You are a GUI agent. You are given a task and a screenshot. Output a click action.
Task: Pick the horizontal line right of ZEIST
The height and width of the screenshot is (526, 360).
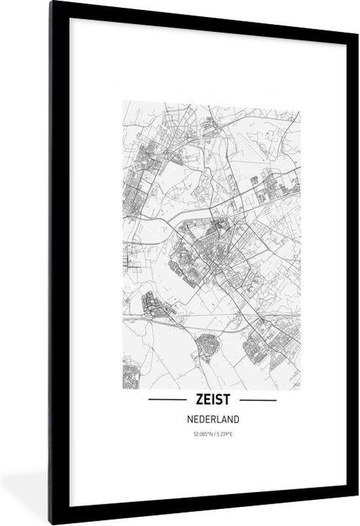pyautogui.click(x=256, y=399)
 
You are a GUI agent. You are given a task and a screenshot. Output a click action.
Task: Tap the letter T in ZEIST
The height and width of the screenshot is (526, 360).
pyautogui.click(x=227, y=399)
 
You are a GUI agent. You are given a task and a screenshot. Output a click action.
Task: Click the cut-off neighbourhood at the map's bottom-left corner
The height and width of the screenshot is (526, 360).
pyautogui.click(x=130, y=376)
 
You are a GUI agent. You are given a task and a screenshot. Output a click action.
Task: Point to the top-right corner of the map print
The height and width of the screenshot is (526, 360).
pyautogui.click(x=301, y=101)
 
